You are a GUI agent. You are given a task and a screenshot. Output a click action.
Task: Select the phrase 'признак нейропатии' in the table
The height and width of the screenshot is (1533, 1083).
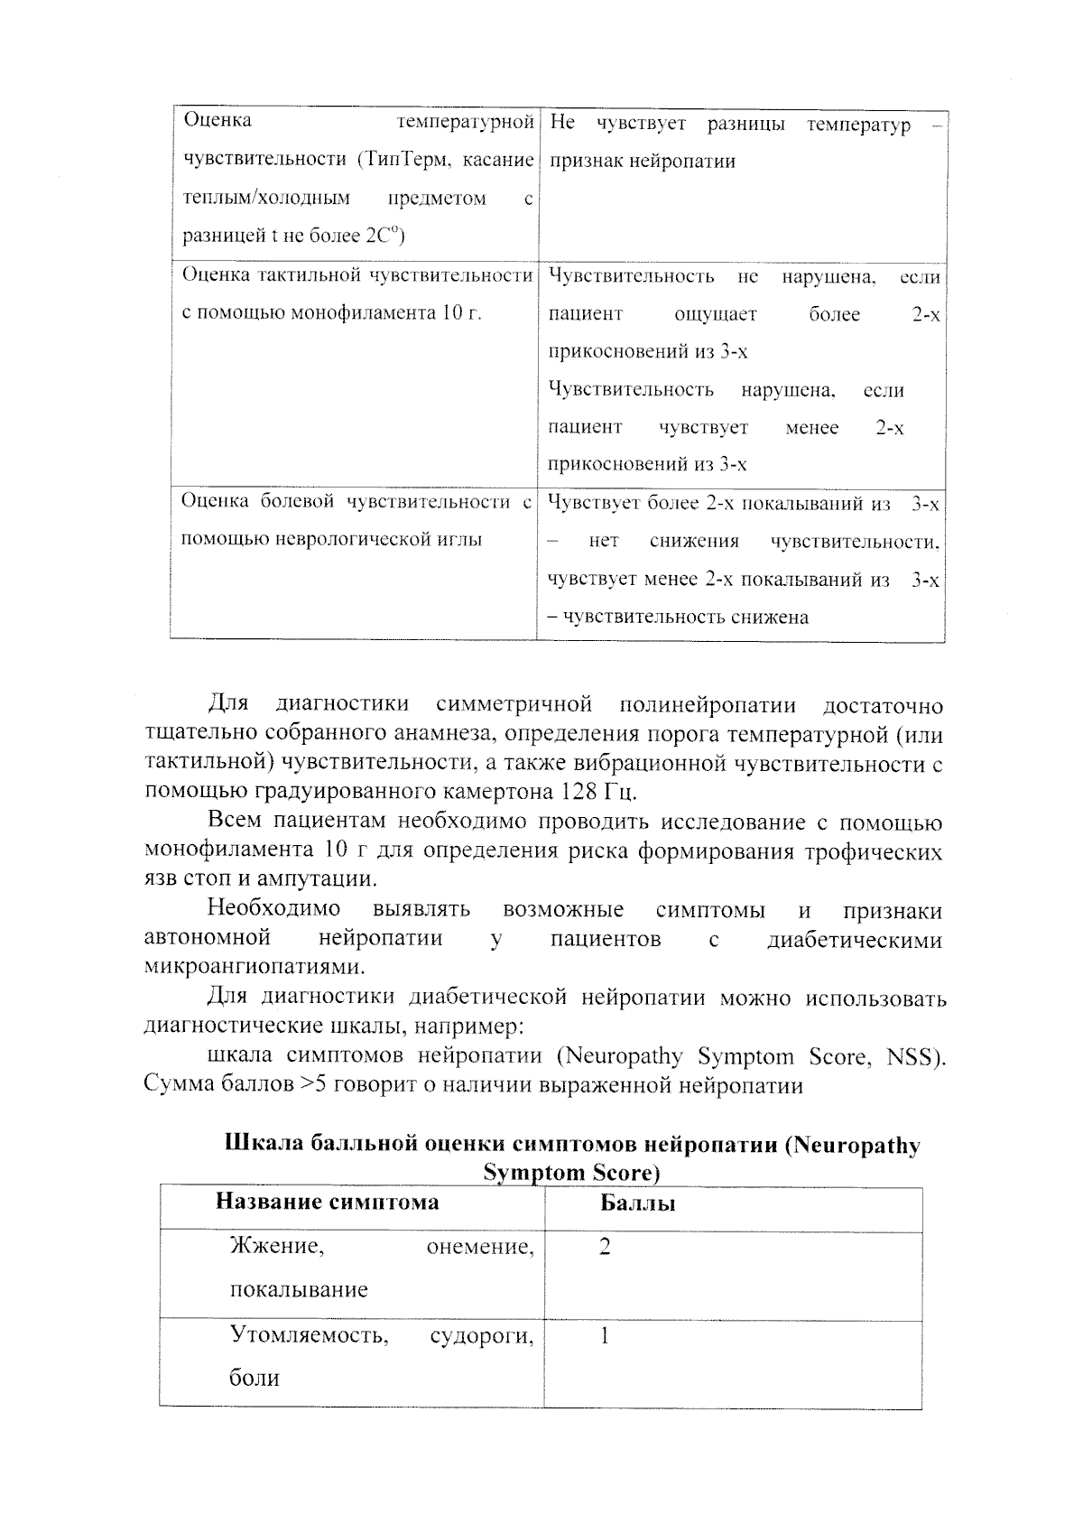[x=642, y=162]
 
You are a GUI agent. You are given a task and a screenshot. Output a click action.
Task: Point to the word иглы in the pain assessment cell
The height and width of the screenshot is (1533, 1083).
[x=458, y=540]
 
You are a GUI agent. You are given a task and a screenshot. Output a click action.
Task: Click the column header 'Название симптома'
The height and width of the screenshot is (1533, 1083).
[x=327, y=1202]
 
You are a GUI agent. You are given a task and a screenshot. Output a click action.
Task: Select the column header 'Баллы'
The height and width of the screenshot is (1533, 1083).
[x=637, y=1203]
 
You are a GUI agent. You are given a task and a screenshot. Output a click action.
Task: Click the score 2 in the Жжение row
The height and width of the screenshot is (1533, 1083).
[x=605, y=1247]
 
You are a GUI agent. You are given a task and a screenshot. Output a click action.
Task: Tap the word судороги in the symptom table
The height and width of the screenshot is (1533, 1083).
[x=481, y=1335]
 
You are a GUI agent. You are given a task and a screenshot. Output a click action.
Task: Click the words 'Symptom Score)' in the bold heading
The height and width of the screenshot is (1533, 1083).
[x=571, y=1173]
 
